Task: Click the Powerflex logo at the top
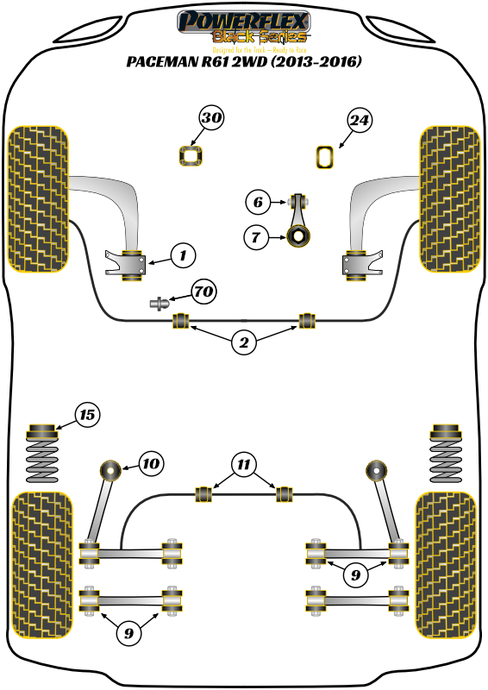point(243,22)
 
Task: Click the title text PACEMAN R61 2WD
point(244,62)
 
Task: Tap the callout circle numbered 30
point(212,120)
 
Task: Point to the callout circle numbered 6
point(256,204)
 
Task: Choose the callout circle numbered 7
point(256,235)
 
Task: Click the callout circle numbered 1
point(182,254)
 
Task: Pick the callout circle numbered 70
point(203,292)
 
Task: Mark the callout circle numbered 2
point(244,343)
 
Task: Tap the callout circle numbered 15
point(86,416)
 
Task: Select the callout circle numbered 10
point(151,464)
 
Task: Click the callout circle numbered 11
point(244,466)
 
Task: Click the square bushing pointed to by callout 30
point(190,156)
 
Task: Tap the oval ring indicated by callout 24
point(325,156)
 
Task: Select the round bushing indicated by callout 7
point(299,234)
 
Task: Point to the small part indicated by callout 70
point(159,303)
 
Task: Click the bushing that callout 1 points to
point(134,263)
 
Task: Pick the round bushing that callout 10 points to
point(111,471)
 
